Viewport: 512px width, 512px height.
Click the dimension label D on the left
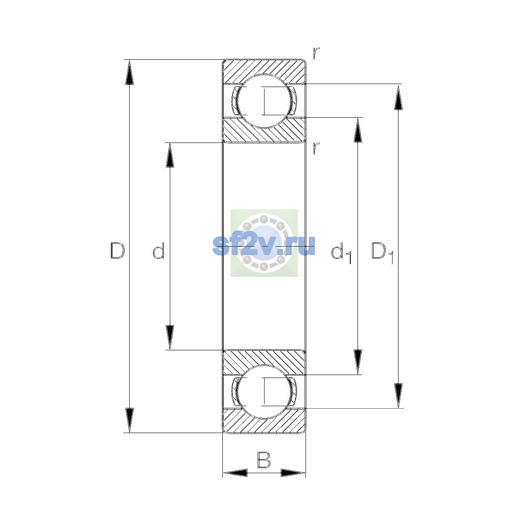(x=117, y=250)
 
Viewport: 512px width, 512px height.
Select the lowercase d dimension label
(x=159, y=250)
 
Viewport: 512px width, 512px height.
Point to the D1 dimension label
(x=382, y=253)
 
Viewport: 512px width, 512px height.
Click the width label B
(x=264, y=460)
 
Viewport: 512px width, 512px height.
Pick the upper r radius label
(x=316, y=53)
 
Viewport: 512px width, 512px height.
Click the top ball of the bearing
(x=264, y=101)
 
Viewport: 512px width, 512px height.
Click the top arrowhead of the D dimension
(x=129, y=72)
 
